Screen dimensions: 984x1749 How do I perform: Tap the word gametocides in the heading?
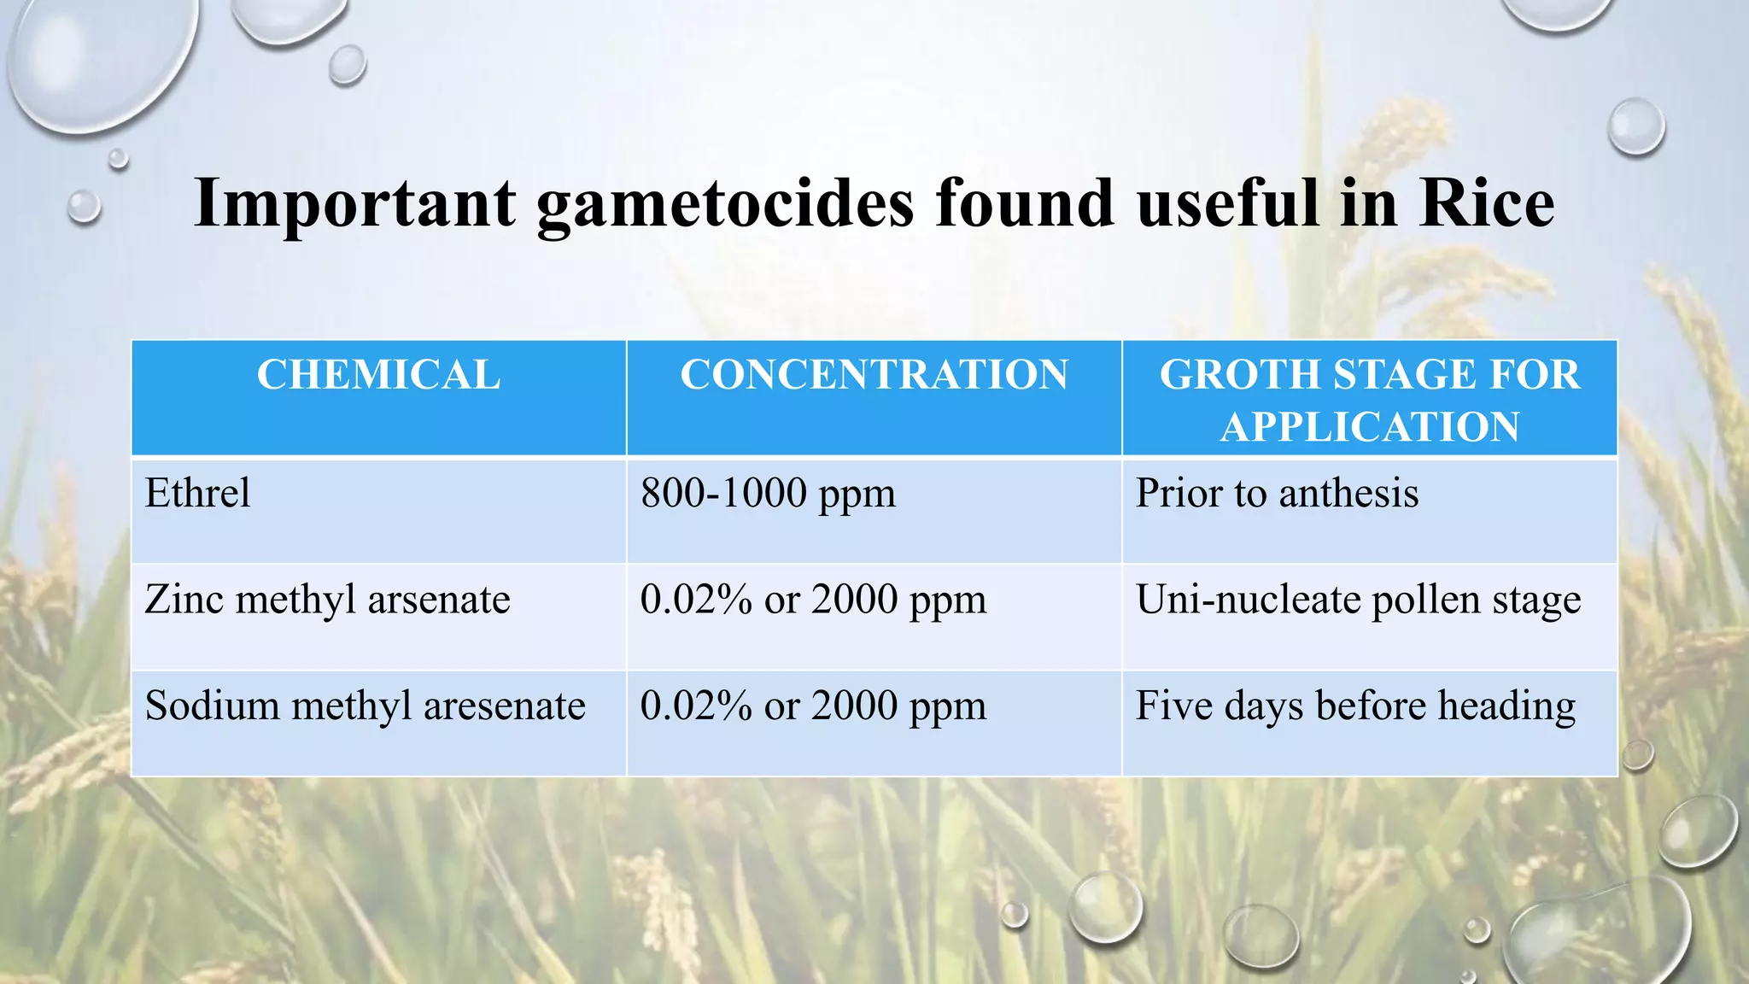725,205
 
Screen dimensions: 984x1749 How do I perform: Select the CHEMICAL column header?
378,375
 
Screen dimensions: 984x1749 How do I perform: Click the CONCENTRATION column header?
874,375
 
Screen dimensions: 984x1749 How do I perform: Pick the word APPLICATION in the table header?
1369,427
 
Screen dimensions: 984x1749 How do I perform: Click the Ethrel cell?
197,494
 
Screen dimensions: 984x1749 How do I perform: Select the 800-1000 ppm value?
768,494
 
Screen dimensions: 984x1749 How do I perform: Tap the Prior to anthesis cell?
1277,494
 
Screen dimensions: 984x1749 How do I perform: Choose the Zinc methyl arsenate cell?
327,600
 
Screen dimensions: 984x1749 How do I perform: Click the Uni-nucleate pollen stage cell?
1358,600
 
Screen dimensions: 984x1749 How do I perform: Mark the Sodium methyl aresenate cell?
365,706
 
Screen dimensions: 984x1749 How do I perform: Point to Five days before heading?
1355,706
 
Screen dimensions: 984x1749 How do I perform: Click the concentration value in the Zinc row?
813,600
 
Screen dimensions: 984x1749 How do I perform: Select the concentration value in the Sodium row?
813,706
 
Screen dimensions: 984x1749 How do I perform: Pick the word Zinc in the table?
184,600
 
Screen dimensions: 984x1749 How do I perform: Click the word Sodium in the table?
212,706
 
